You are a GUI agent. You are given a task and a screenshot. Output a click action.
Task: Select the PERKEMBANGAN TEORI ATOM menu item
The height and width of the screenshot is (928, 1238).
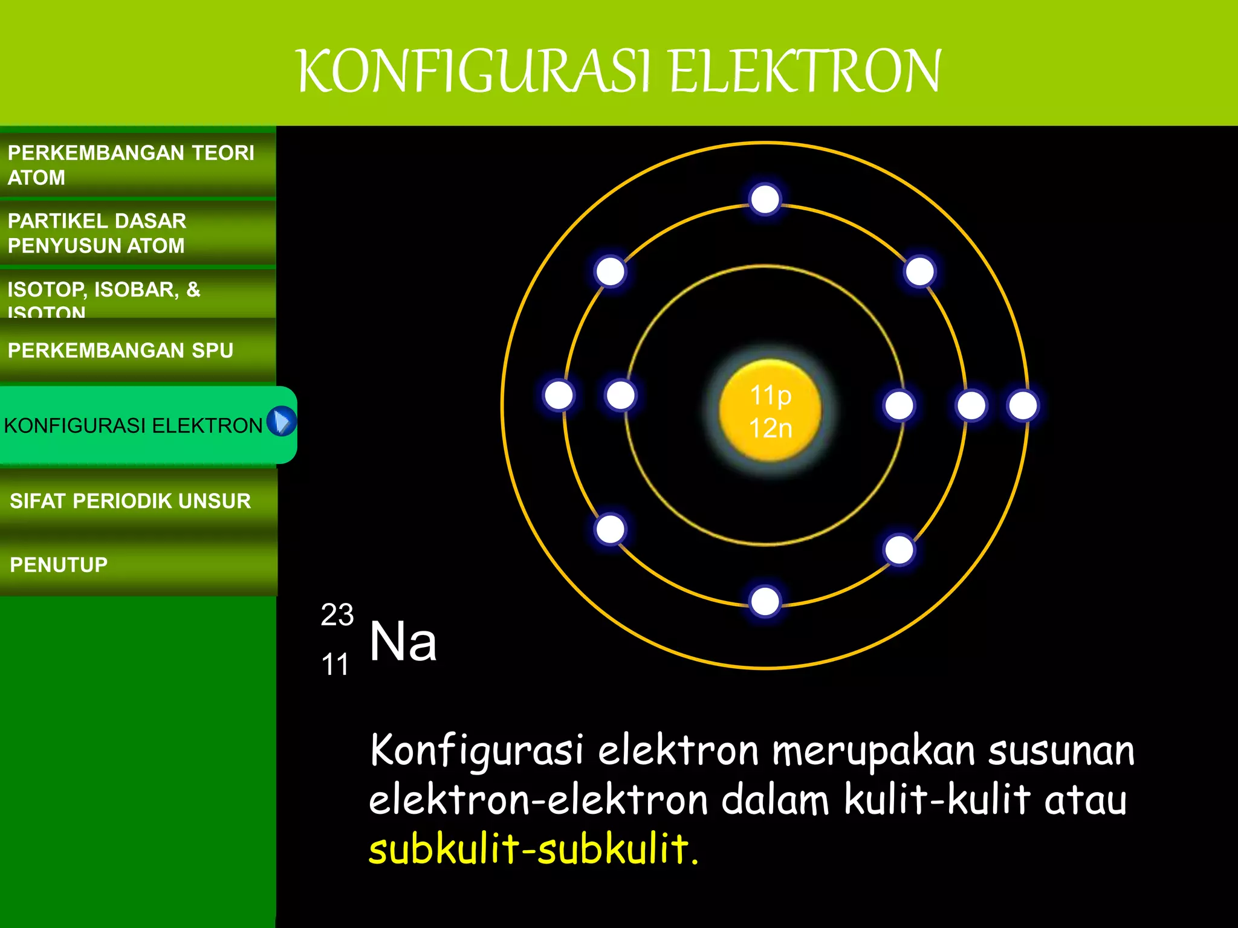click(x=131, y=164)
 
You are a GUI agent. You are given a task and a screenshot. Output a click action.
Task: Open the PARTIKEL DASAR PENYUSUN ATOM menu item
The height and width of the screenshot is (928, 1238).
click(x=97, y=233)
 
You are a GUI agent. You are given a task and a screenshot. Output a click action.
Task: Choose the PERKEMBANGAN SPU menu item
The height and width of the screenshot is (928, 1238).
click(x=120, y=350)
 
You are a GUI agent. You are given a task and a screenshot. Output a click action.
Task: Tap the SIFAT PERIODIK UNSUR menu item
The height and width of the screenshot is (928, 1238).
click(x=130, y=501)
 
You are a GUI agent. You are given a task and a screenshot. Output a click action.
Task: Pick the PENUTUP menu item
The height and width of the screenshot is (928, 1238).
click(x=59, y=565)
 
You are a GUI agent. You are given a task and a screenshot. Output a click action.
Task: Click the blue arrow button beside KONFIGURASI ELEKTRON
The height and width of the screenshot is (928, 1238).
click(x=281, y=421)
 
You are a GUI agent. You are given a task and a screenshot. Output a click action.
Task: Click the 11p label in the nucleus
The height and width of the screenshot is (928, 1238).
click(x=770, y=396)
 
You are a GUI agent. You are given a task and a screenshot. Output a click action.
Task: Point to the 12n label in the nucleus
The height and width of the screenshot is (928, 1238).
click(x=770, y=428)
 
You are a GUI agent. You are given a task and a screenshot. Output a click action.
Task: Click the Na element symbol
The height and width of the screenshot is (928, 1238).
click(x=403, y=642)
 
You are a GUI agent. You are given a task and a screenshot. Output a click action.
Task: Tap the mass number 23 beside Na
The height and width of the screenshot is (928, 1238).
click(x=337, y=615)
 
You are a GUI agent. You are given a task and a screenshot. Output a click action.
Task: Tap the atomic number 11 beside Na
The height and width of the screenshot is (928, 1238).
click(x=335, y=665)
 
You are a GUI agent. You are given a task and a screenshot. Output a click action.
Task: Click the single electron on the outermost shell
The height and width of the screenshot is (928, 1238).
click(x=1023, y=405)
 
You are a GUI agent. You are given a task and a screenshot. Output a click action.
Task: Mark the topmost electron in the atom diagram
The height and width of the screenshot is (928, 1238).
click(x=765, y=199)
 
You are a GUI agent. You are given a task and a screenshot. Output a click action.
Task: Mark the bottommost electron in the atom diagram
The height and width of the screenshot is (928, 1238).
click(x=765, y=602)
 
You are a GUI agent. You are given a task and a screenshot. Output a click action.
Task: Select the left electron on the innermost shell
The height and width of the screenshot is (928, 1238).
click(x=621, y=396)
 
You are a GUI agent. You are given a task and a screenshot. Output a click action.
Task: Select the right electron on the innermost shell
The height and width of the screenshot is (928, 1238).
click(x=899, y=405)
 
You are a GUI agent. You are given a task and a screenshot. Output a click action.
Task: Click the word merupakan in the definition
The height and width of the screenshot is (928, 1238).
click(x=873, y=751)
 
